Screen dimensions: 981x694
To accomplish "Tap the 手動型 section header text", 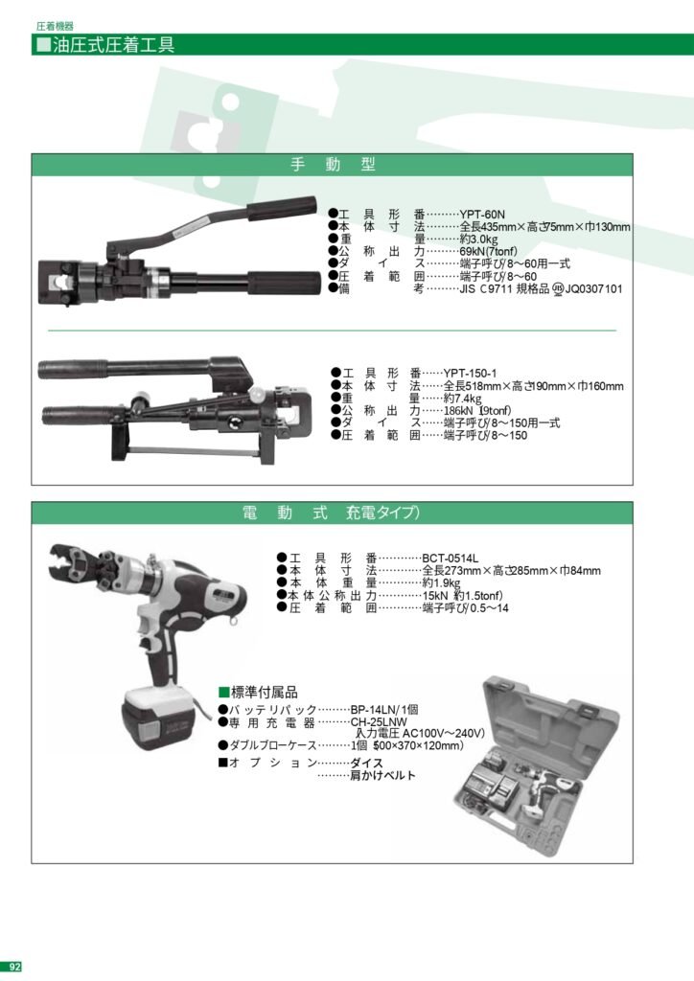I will pos(332,165).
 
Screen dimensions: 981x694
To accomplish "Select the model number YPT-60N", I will pos(482,215).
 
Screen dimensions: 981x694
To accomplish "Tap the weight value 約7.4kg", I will pos(464,398).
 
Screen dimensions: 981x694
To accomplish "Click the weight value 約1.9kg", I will pos(441,582).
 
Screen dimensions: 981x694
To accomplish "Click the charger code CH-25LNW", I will pos(379,721).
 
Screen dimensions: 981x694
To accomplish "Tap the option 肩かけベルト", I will pos(382,776).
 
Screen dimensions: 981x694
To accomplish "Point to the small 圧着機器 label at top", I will pos(56,27).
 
